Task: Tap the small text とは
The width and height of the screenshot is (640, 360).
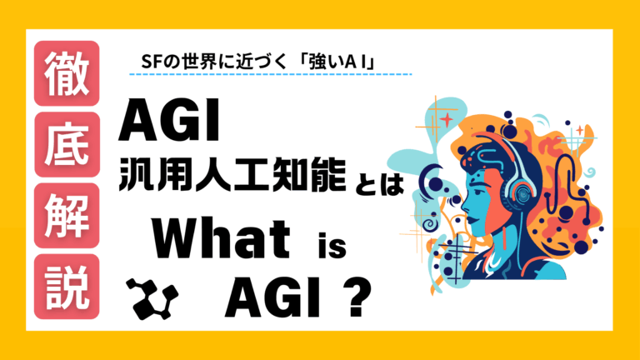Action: tap(379, 186)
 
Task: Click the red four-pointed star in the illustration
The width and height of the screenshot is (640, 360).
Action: tap(448, 119)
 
